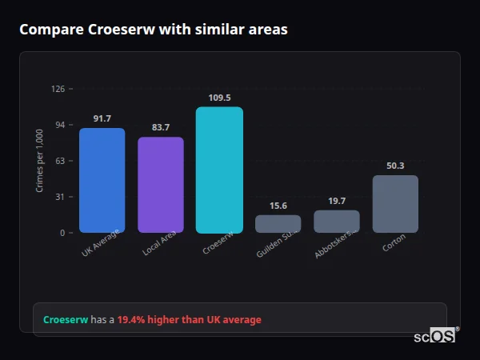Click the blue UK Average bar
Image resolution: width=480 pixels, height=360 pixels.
[x=102, y=180]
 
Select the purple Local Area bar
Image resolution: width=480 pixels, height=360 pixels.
[x=161, y=185]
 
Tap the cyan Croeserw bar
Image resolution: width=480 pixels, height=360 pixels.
[x=219, y=170]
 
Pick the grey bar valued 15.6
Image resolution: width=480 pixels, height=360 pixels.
[x=278, y=223]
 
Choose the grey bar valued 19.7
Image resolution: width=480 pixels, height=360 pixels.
[x=337, y=221]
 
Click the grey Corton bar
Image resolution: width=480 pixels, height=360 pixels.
[x=395, y=204]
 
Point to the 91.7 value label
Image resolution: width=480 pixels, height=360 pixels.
[x=102, y=118]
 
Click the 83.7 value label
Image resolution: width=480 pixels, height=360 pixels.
[x=161, y=127]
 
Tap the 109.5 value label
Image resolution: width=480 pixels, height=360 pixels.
[x=219, y=98]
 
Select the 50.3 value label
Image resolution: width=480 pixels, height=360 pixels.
[x=395, y=166]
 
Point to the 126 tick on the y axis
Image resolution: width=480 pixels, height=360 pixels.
[x=58, y=89]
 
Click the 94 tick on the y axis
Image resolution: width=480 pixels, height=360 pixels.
[x=59, y=125]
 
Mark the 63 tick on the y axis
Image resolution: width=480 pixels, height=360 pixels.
[x=59, y=161]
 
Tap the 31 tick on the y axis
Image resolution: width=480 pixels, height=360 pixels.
[x=59, y=197]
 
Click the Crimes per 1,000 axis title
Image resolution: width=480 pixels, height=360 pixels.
[x=40, y=161]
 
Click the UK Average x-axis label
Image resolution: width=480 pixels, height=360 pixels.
[x=100, y=244]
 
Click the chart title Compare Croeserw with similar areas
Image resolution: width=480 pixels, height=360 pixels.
[x=153, y=30]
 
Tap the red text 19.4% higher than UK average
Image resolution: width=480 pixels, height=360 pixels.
[x=189, y=320]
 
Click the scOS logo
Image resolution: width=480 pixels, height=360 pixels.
[x=434, y=336]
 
